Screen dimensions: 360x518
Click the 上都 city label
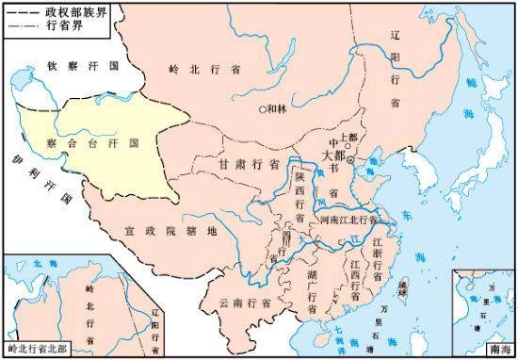tap(348, 138)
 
